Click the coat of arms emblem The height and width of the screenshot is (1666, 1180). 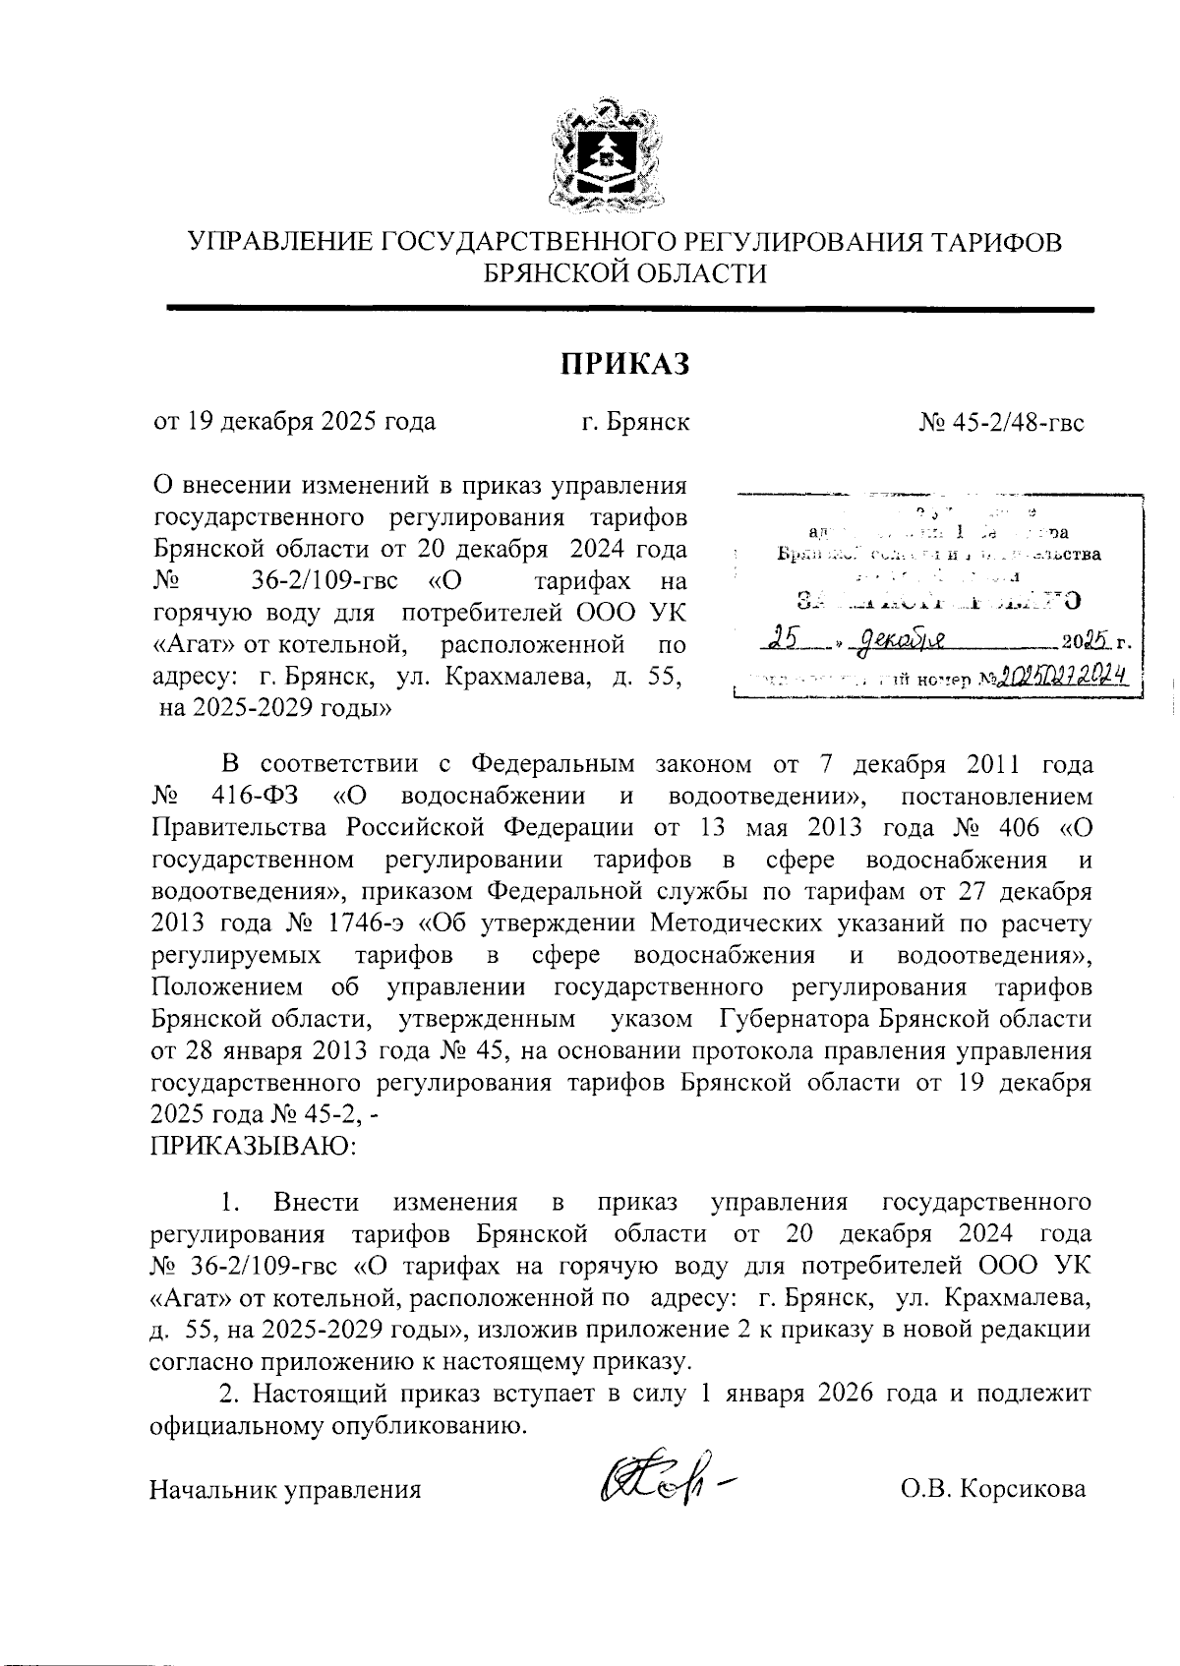point(603,155)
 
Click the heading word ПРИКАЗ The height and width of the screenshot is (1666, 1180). point(626,364)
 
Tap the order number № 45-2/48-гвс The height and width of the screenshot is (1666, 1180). point(1002,423)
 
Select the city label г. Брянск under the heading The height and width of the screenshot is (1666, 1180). point(635,423)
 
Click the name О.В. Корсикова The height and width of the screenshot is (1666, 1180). point(993,1489)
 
